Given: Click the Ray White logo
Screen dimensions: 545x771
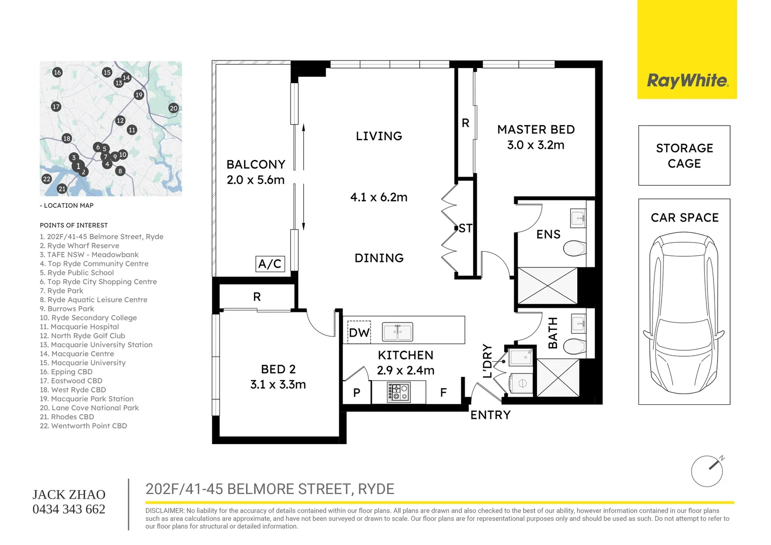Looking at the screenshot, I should [x=687, y=81].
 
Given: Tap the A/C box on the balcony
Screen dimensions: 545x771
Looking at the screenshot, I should [x=270, y=264].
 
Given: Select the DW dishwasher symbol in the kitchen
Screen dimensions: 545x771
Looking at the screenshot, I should [x=359, y=333].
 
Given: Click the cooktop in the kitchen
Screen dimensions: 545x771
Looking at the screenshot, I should [x=399, y=392].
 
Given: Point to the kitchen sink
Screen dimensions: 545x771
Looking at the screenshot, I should [x=398, y=332].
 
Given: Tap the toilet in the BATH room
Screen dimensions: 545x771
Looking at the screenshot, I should [x=574, y=347].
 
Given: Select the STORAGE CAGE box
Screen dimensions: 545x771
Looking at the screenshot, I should [x=684, y=155].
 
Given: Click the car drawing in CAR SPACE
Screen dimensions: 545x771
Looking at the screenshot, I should [x=684, y=313].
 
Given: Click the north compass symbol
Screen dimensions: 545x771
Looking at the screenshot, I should [x=707, y=471].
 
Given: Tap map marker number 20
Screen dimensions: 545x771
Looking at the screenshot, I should [x=174, y=108].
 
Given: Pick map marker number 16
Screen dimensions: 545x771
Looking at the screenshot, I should [x=57, y=72].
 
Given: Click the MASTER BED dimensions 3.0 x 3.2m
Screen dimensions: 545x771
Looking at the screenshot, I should [x=536, y=145].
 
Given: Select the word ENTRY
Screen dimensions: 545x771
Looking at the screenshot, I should [x=490, y=415].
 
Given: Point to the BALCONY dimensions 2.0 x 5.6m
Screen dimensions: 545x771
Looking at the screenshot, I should [x=256, y=180].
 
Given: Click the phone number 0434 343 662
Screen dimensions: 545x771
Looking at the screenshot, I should [x=69, y=509].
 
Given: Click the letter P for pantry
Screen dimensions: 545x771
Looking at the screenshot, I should [x=357, y=393].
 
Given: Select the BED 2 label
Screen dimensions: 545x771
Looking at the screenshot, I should [x=278, y=369].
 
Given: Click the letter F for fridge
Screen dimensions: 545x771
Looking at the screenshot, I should [x=443, y=392].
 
